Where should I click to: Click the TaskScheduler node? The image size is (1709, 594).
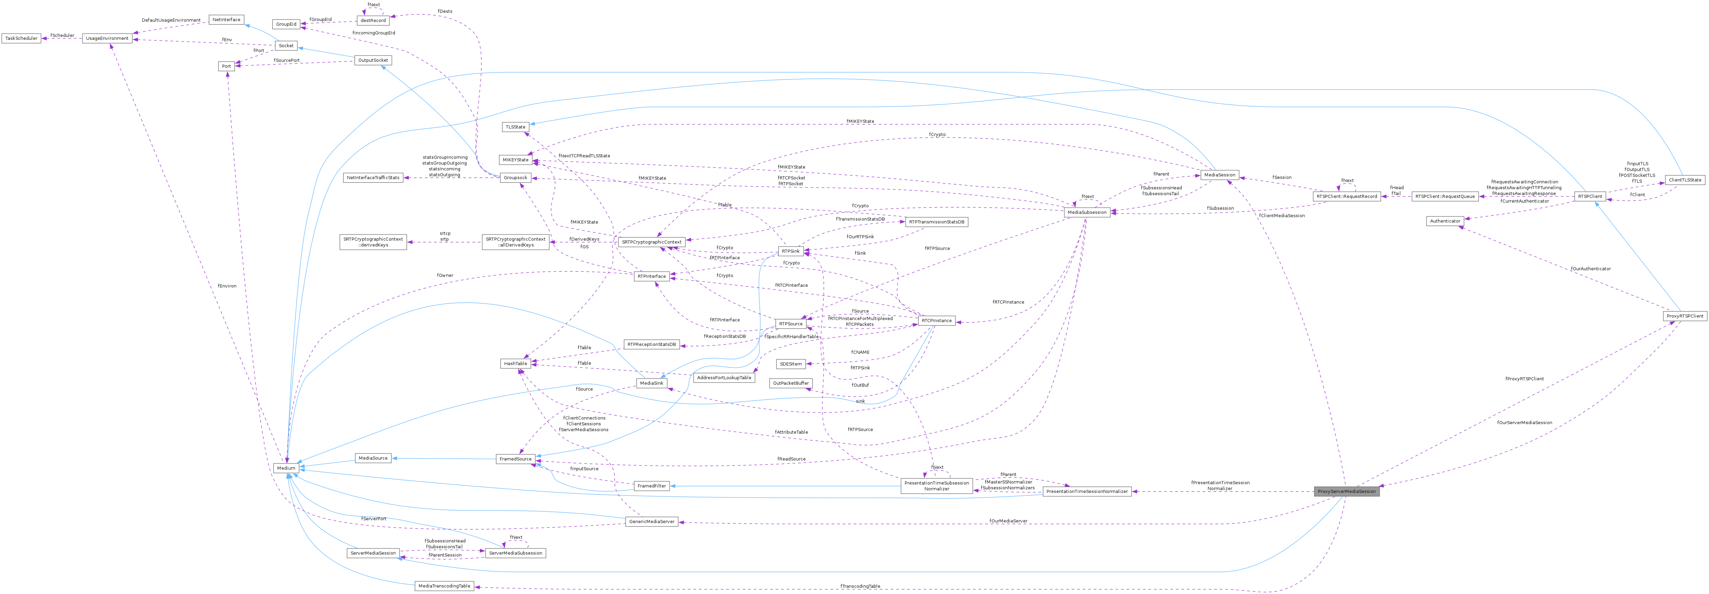pyautogui.click(x=21, y=38)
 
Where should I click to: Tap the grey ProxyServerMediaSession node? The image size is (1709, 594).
pyautogui.click(x=1347, y=491)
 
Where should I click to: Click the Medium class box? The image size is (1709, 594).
pyautogui.click(x=286, y=468)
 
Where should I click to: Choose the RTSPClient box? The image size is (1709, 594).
pyautogui.click(x=1590, y=196)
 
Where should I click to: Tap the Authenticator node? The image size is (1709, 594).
pyautogui.click(x=1445, y=221)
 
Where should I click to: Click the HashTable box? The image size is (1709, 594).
pyautogui.click(x=515, y=363)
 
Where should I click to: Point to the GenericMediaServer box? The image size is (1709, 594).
pyautogui.click(x=651, y=522)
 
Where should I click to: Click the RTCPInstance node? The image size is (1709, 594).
pyautogui.click(x=936, y=321)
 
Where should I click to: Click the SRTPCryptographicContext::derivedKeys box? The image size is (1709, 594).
pyautogui.click(x=373, y=242)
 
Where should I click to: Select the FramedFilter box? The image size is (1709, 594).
pyautogui.click(x=651, y=486)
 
